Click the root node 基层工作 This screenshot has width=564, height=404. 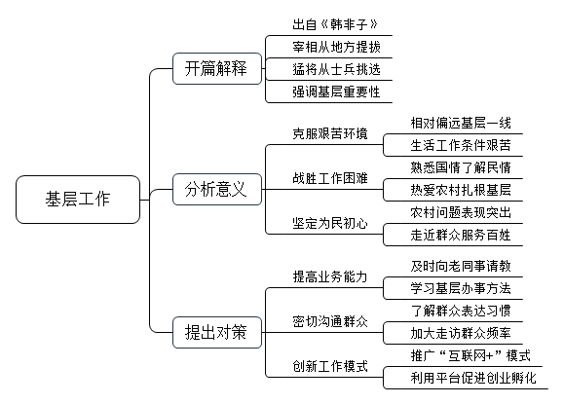[78, 200]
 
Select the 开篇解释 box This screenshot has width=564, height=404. [217, 69]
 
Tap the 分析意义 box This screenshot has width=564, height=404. [217, 190]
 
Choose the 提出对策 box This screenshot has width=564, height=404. [217, 332]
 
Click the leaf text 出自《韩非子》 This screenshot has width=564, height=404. [335, 24]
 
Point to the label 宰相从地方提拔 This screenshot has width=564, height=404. [336, 47]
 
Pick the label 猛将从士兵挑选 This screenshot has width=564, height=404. [336, 69]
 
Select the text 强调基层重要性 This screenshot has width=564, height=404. [336, 92]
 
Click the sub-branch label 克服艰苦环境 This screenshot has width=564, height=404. [330, 133]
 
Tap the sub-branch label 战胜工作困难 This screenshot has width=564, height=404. [330, 178]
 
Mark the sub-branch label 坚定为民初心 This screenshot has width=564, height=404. [330, 223]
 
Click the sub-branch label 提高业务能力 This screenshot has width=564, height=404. [330, 276]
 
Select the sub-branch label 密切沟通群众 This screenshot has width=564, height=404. [330, 321]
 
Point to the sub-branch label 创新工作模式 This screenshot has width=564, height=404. [330, 366]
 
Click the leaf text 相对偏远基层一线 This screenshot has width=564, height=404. [461, 123]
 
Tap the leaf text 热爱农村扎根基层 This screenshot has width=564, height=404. [461, 190]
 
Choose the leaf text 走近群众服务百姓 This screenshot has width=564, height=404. [461, 235]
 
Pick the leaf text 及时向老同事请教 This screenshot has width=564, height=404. [461, 266]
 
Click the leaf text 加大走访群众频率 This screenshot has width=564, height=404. [461, 333]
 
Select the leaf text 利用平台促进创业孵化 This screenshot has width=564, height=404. [473, 378]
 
